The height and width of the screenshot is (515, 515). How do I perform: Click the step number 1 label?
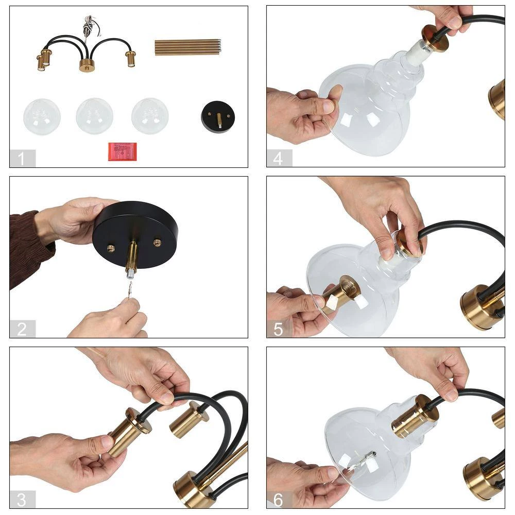(21, 158)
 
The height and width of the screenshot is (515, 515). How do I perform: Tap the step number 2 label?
(22, 329)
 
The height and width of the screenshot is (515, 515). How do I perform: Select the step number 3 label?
(22, 500)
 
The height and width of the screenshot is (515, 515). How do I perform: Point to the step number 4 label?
(278, 158)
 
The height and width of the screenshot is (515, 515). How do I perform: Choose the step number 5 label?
(278, 329)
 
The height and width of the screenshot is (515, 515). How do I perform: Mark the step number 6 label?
(278, 500)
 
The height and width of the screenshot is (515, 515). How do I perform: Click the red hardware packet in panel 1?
(123, 151)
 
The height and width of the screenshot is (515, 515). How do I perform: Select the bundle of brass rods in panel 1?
(188, 47)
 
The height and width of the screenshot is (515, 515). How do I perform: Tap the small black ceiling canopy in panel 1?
(218, 116)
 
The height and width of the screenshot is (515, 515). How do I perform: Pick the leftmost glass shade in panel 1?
(42, 116)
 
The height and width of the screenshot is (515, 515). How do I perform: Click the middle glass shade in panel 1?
(95, 116)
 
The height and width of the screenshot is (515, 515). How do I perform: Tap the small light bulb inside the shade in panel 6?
(368, 458)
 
